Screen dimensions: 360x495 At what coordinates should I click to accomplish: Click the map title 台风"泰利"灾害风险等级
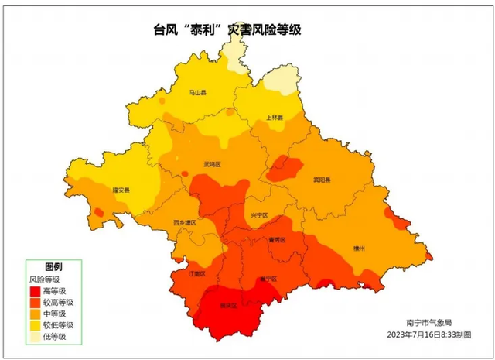pyautogui.click(x=228, y=31)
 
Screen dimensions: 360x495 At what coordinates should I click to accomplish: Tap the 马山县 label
pyautogui.click(x=199, y=92)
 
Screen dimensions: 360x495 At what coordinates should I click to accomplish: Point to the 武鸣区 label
pyautogui.click(x=212, y=165)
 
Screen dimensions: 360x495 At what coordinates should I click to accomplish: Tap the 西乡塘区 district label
pyautogui.click(x=184, y=222)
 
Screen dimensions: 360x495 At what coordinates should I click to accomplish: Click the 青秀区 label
pyautogui.click(x=277, y=241)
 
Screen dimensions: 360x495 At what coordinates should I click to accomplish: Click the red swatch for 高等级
pyautogui.click(x=36, y=291)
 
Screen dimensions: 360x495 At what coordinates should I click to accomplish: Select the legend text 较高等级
pyautogui.click(x=59, y=303)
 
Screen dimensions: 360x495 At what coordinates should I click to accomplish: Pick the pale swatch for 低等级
pyautogui.click(x=36, y=337)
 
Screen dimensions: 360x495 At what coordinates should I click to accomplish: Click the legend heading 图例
pyautogui.click(x=53, y=266)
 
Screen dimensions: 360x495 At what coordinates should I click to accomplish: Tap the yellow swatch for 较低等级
pyautogui.click(x=36, y=325)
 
